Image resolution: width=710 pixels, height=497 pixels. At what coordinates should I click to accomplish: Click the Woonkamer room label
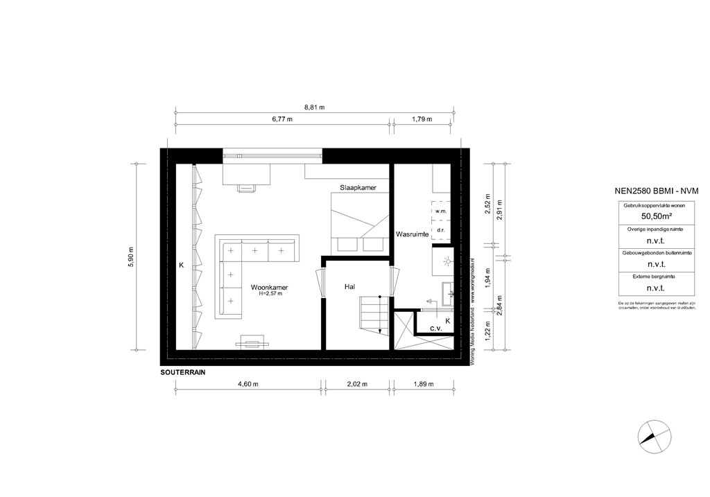[x=270, y=286]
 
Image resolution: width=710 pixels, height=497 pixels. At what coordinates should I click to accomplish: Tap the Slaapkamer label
[x=358, y=188]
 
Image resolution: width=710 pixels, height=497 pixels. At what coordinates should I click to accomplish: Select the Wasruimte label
[x=410, y=235]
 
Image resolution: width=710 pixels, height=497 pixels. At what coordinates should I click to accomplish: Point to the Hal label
[x=351, y=286]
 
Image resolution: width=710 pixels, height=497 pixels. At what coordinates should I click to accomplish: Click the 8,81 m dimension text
[x=314, y=107]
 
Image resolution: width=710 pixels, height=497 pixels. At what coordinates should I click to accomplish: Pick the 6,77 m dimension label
[x=282, y=119]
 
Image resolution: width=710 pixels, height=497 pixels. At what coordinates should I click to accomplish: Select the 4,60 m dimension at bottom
[x=248, y=384]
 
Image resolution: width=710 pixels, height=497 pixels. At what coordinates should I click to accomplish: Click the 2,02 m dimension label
[x=357, y=384]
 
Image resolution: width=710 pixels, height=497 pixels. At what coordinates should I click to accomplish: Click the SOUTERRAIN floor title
[x=183, y=372]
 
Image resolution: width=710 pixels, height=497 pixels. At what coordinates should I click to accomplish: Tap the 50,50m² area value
[x=647, y=216]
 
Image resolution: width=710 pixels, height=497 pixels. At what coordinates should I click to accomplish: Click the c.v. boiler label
[x=436, y=328]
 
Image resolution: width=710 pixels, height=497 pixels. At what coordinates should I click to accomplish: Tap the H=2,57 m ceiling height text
[x=270, y=295]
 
